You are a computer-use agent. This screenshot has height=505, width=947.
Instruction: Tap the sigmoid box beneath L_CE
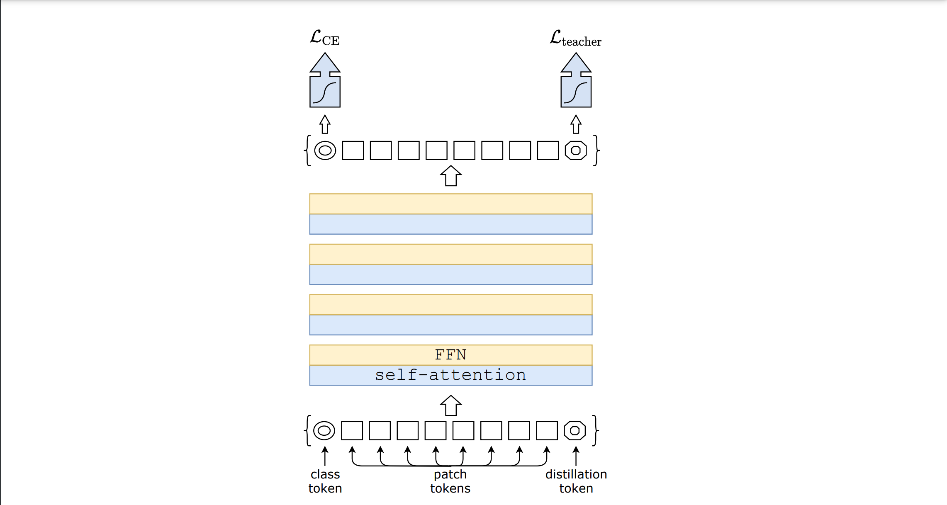pos(325,92)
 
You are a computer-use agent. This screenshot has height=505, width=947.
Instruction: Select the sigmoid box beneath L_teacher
pos(576,92)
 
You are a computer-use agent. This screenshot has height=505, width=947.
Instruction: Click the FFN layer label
pos(450,355)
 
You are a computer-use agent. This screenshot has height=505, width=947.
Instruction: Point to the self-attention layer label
pos(450,375)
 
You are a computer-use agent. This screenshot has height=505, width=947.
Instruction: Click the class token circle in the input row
pos(324,431)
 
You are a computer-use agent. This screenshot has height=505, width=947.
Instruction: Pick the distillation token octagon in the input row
pos(575,431)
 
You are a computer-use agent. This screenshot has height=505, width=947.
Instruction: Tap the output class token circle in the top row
pos(325,150)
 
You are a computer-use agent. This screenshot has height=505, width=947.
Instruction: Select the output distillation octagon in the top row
pos(576,150)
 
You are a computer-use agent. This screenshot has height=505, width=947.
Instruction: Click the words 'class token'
pos(325,481)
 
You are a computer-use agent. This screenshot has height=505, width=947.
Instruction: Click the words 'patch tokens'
pos(450,481)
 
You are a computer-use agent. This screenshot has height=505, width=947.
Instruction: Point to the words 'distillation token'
pos(576,481)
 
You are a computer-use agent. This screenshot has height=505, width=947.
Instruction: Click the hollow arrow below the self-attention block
pos(450,405)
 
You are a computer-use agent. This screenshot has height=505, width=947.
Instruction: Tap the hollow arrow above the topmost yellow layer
pos(450,176)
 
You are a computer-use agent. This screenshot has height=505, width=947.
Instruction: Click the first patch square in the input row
pos(352,431)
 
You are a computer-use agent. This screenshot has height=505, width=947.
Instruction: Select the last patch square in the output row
pos(548,150)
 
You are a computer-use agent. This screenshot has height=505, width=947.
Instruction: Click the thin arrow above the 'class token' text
pos(325,456)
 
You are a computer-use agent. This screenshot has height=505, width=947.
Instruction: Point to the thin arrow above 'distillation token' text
pos(576,456)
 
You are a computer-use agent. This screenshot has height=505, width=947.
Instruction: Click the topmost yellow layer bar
pos(450,204)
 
